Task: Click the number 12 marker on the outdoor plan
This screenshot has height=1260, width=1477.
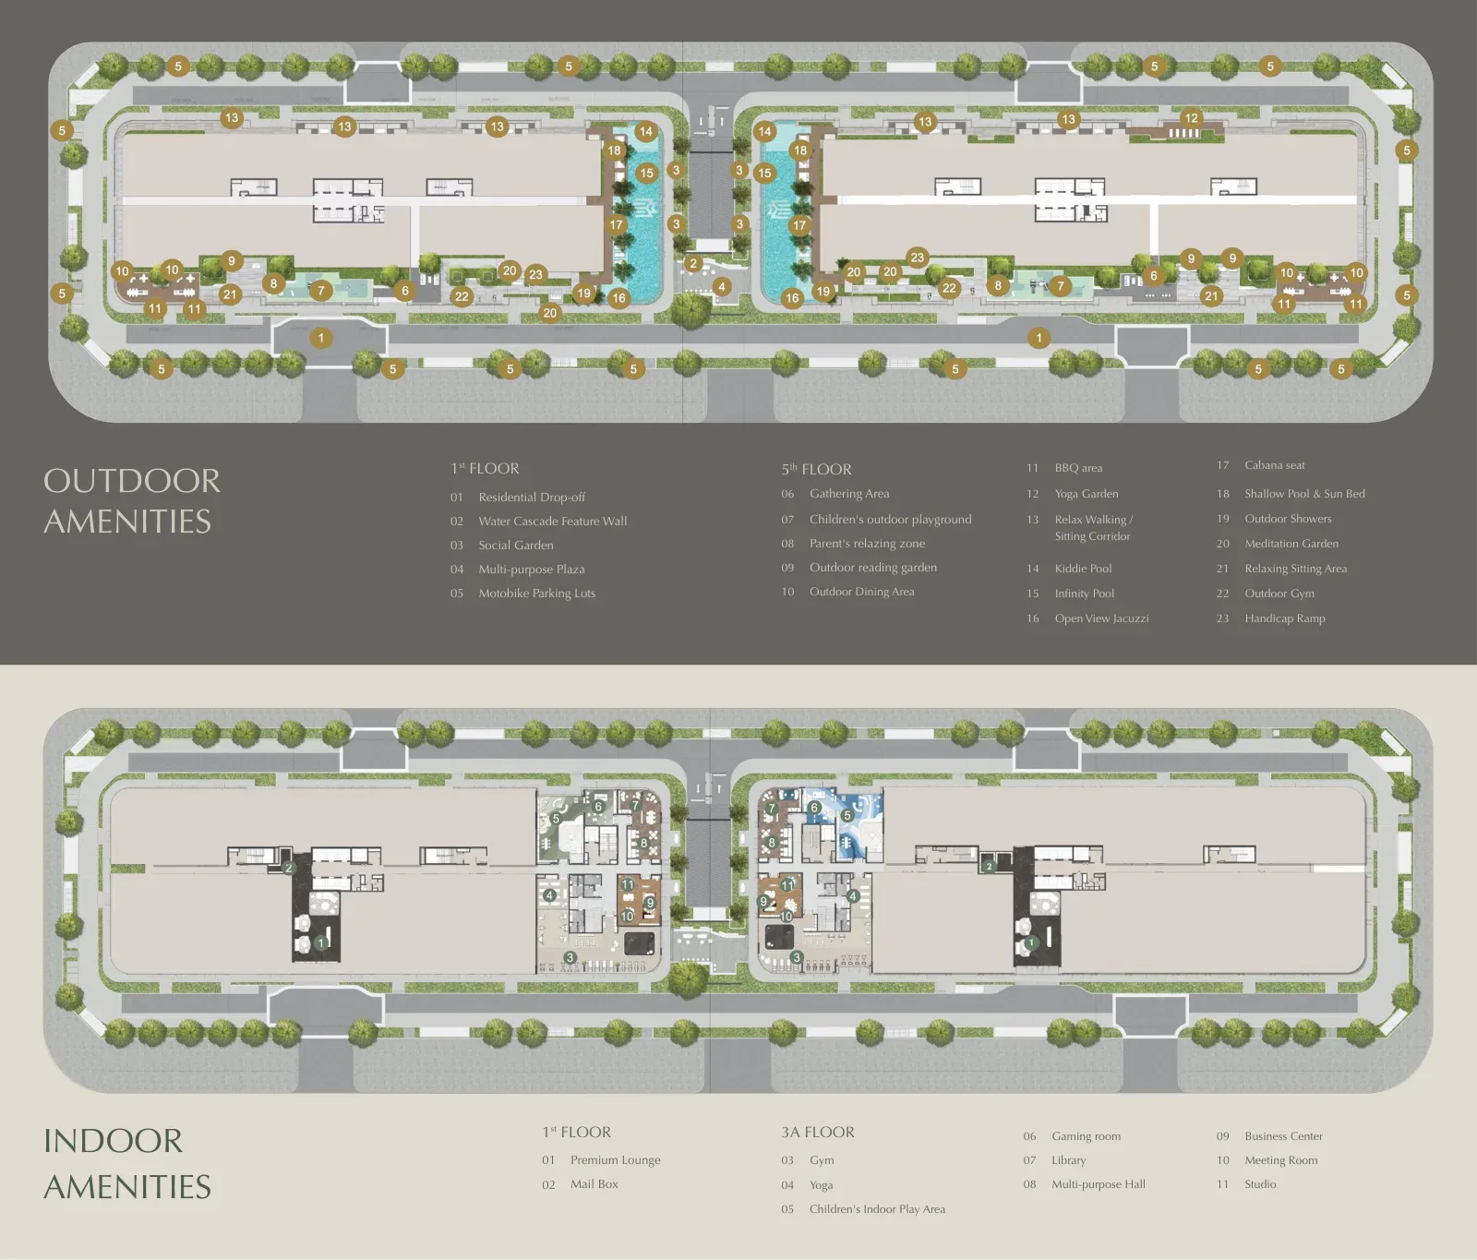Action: point(1191,118)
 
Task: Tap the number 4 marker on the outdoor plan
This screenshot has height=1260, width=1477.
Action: point(722,287)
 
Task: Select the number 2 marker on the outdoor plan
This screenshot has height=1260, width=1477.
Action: point(694,264)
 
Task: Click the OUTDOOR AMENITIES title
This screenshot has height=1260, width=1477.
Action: point(132,501)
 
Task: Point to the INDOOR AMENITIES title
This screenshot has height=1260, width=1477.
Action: point(127,1163)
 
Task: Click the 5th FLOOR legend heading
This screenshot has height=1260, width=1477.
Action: point(816,469)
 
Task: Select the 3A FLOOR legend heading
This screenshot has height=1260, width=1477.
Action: point(818,1132)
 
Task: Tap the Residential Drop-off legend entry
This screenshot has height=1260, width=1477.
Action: point(518,497)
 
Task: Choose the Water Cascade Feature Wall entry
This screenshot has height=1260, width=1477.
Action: point(539,521)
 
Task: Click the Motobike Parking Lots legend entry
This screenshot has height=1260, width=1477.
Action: point(522,593)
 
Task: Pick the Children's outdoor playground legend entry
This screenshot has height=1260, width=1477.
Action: point(876,520)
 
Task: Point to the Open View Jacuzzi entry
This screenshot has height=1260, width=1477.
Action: point(1088,618)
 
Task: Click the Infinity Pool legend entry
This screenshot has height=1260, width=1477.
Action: point(1071,594)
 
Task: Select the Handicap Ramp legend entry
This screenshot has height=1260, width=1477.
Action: point(1271,618)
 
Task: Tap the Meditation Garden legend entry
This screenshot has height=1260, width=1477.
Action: point(1278,544)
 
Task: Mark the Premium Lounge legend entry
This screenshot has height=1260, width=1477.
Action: point(601,1160)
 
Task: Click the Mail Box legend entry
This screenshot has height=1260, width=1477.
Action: point(581,1184)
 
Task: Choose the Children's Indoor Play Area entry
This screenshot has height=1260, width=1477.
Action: point(863,1209)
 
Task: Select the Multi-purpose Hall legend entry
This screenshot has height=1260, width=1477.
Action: point(1085,1184)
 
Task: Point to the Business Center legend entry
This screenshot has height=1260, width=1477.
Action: point(1270,1136)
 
